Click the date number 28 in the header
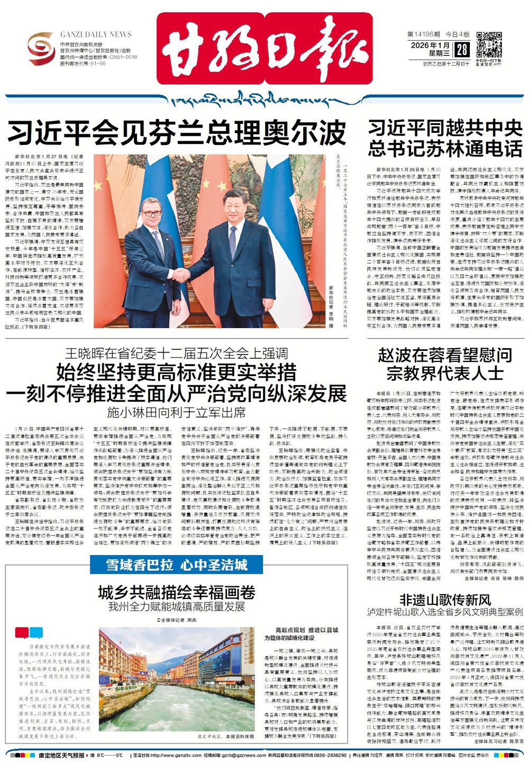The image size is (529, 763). pyautogui.click(x=462, y=50)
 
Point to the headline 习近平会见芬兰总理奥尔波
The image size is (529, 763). pyautogui.click(x=176, y=133)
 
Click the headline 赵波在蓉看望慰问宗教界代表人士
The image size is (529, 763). pyautogui.click(x=445, y=364)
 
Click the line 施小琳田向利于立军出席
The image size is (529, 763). pyautogui.click(x=176, y=412)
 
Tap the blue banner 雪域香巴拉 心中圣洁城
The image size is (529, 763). pyautogui.click(x=169, y=565)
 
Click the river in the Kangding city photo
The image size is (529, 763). pyautogui.click(x=175, y=709)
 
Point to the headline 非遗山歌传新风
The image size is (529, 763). pyautogui.click(x=445, y=600)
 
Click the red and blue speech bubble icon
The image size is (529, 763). pyautogui.click(x=29, y=632)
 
